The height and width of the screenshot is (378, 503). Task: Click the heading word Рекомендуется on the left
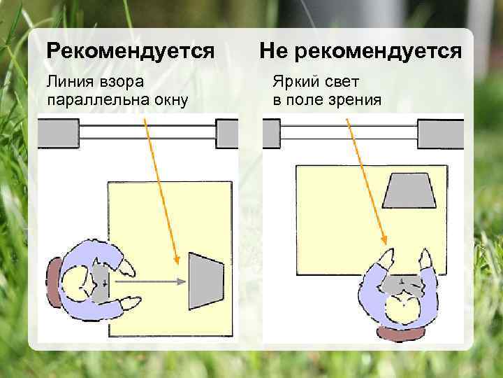tap(129, 50)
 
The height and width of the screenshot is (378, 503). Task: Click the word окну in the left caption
tap(169, 99)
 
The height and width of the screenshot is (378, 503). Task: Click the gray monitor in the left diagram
tap(205, 281)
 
